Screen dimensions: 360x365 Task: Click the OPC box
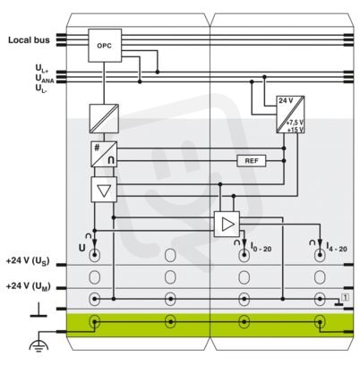[x=105, y=46]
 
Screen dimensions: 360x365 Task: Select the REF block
[x=252, y=161]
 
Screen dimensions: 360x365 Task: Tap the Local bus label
[x=29, y=40]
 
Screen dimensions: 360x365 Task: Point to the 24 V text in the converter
[x=286, y=100]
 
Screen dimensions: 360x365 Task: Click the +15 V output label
[x=296, y=130]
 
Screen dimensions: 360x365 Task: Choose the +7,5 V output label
[x=295, y=123]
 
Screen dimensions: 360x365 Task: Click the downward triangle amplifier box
[x=104, y=190]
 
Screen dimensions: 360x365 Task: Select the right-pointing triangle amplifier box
[x=227, y=225]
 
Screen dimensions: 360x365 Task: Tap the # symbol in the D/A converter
[x=97, y=148]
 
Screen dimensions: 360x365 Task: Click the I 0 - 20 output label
[x=261, y=247]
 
